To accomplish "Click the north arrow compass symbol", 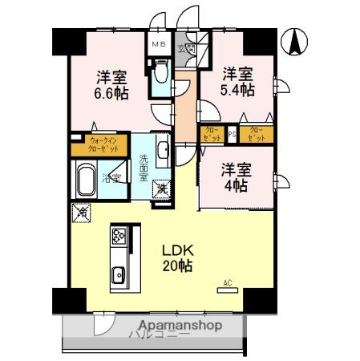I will (295, 43).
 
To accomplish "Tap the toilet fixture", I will (159, 75).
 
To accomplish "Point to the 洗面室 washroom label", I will (144, 167).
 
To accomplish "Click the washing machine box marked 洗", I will (162, 189).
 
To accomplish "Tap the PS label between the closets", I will (233, 134).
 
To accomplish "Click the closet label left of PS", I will (212, 134).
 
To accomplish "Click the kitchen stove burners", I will (119, 237).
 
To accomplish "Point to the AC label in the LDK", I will (227, 282).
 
